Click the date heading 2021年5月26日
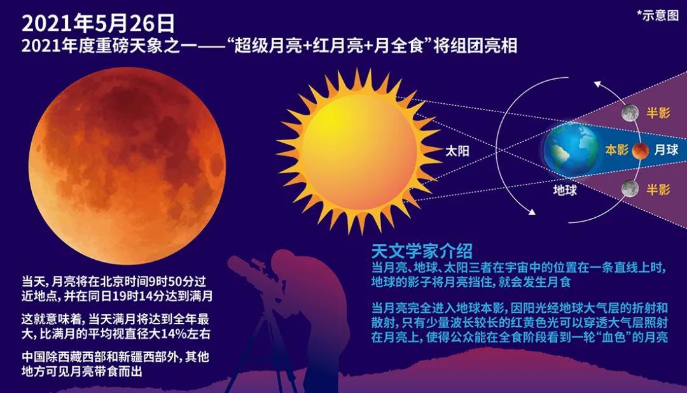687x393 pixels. click(x=98, y=24)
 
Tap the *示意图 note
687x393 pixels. click(x=657, y=15)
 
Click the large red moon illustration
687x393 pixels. click(x=127, y=166)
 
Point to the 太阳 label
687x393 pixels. click(x=457, y=152)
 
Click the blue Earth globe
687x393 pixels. click(x=571, y=149)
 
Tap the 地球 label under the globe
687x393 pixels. click(x=565, y=190)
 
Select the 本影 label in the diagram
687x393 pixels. click(x=616, y=150)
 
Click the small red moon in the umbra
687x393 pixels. click(x=640, y=150)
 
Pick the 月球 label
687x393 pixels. click(x=666, y=150)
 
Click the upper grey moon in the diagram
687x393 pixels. click(x=630, y=113)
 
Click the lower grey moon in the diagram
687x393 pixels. click(x=630, y=189)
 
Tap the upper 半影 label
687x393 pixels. click(x=658, y=113)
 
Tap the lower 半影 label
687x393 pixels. click(x=658, y=189)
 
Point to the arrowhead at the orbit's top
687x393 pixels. click(x=597, y=84)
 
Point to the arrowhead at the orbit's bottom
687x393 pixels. click(x=532, y=211)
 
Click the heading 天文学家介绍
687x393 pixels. click(x=422, y=252)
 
